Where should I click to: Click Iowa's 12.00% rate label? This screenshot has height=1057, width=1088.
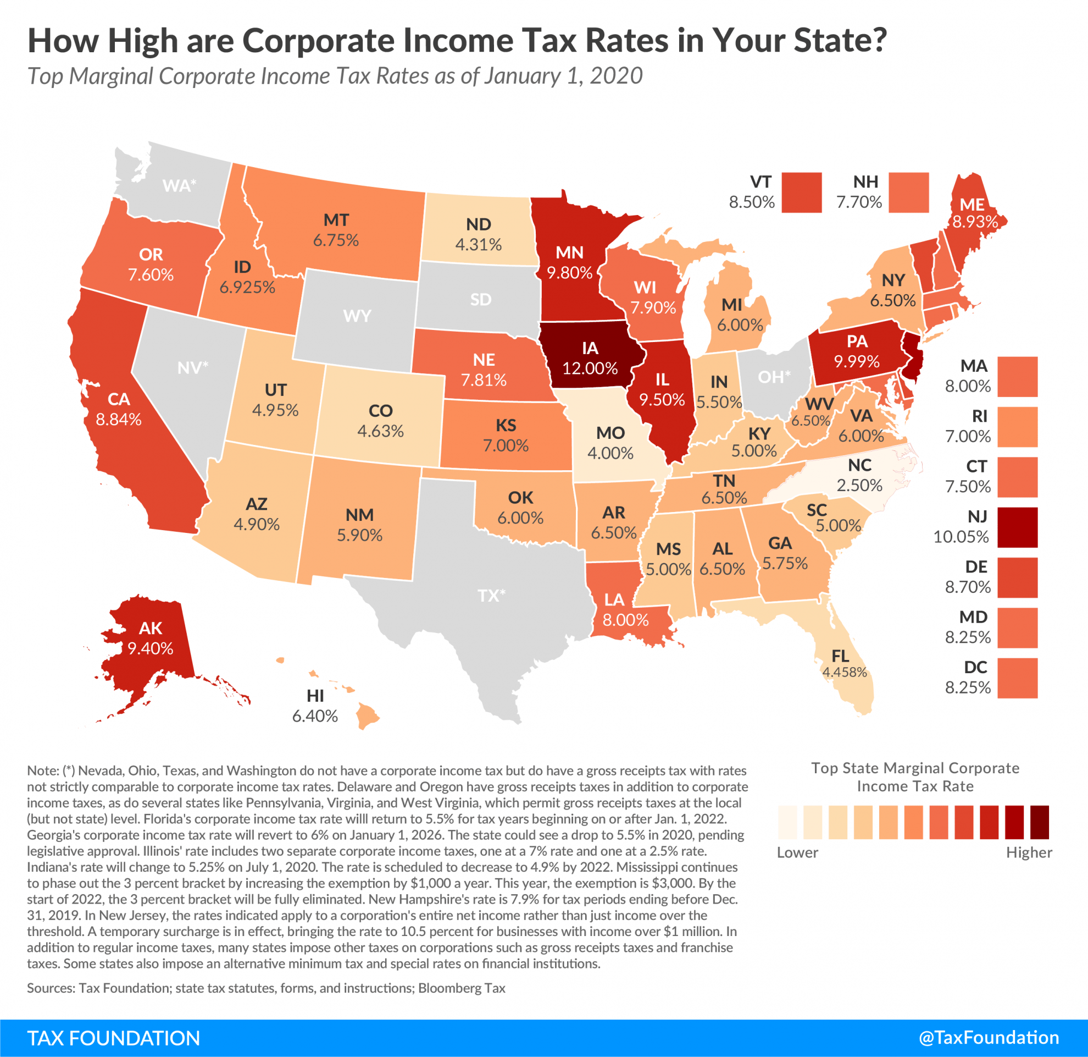590,368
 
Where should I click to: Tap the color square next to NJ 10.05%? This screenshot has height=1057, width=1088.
1017,527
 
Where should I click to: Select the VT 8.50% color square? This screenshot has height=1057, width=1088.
802,192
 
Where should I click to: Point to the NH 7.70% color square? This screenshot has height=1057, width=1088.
908,192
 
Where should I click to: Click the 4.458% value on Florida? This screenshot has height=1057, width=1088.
845,672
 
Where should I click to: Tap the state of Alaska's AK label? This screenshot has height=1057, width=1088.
151,628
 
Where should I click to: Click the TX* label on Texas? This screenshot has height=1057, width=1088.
491,596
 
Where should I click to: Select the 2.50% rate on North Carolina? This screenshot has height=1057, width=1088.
859,485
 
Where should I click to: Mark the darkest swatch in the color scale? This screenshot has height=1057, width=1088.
1039,822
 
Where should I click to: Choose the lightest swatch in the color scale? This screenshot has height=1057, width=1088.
787,822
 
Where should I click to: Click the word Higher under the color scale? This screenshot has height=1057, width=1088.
1029,852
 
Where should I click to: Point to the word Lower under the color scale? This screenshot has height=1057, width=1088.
797,852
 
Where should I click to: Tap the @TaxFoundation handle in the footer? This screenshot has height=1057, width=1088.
989,1038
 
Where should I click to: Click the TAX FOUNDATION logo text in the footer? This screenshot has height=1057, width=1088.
113,1038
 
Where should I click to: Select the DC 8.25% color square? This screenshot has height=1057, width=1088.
1017,678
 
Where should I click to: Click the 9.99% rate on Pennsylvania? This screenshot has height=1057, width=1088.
857,361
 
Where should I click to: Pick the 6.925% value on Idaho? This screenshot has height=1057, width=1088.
247,287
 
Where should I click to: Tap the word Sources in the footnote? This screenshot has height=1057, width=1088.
51,988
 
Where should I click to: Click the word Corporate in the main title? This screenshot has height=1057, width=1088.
319,41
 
